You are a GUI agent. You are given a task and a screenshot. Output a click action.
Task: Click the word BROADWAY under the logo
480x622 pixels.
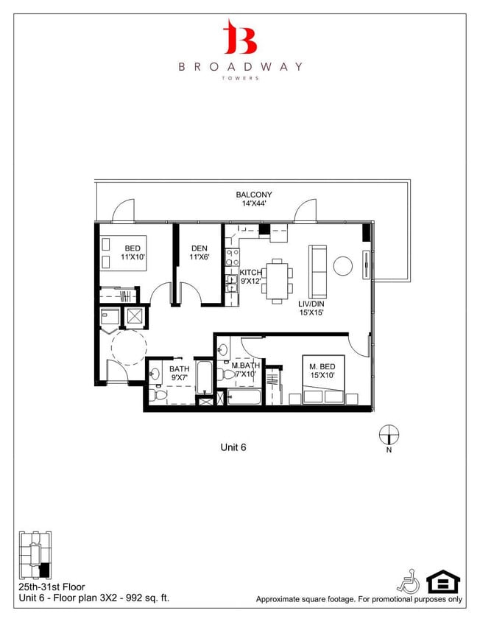240,66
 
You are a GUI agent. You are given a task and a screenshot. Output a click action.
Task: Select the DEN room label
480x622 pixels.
198,249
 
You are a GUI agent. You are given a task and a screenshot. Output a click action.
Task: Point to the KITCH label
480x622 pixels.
250,273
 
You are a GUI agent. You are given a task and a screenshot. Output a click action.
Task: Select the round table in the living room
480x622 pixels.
343,265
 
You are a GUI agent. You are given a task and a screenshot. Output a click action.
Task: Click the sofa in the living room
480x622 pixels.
318,270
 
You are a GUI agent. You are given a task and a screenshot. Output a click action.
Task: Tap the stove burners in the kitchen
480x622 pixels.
230,257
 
